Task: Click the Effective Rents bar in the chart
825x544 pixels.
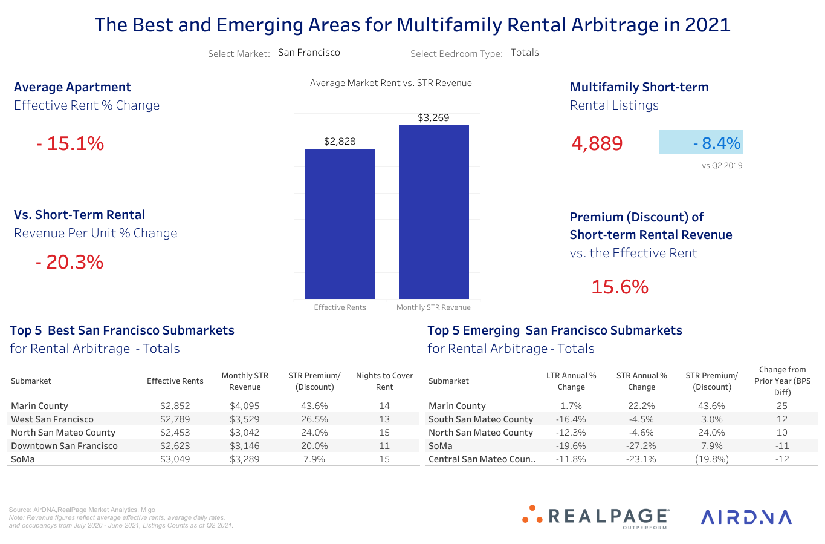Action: click(340, 224)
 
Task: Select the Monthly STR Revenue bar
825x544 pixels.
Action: click(433, 212)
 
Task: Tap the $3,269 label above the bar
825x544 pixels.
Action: click(433, 117)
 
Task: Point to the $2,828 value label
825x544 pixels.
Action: click(340, 141)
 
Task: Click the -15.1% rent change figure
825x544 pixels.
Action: click(70, 143)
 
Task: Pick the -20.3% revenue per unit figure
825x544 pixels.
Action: click(70, 262)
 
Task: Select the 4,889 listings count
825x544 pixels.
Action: click(597, 143)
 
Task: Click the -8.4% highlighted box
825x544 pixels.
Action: click(700, 143)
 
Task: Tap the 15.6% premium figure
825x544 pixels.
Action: click(620, 287)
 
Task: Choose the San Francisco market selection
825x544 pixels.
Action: click(309, 53)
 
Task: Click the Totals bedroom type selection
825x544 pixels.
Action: click(525, 53)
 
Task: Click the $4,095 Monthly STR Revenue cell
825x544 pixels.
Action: click(244, 406)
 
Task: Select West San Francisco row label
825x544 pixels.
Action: click(53, 419)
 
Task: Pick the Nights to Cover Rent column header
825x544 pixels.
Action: click(384, 381)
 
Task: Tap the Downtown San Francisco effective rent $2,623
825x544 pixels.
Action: click(175, 446)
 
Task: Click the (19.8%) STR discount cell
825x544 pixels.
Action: click(711, 459)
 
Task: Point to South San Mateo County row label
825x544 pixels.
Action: click(480, 419)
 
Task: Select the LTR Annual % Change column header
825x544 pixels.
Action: click(571, 381)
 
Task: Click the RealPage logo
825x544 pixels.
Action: click(596, 517)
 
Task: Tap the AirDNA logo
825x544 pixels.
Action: click(746, 517)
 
